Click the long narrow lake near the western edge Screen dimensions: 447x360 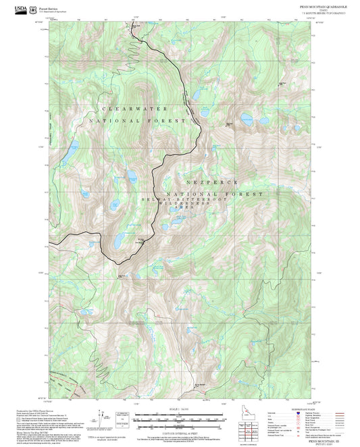(x=70, y=151)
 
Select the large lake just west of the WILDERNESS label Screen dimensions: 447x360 (x=118, y=240)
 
